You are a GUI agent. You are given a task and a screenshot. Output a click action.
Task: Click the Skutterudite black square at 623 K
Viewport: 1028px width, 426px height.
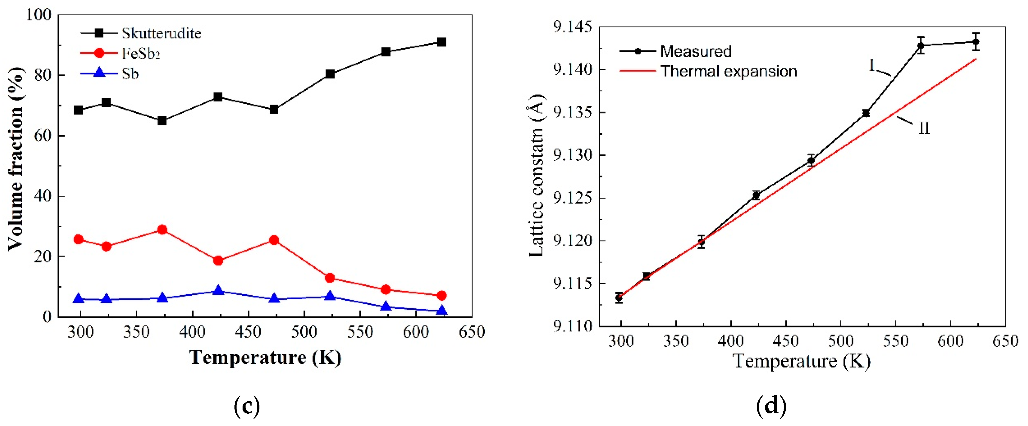click(441, 42)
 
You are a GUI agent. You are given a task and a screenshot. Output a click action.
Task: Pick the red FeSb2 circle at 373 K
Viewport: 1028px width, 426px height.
click(162, 230)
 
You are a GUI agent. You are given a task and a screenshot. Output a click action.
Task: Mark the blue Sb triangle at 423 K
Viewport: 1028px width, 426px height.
click(218, 290)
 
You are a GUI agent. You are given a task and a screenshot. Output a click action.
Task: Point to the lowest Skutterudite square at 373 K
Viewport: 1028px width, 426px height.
click(162, 121)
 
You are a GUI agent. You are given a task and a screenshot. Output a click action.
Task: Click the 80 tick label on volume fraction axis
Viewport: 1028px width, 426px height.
click(43, 75)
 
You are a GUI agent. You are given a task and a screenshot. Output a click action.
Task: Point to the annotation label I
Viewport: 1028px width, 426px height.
click(872, 65)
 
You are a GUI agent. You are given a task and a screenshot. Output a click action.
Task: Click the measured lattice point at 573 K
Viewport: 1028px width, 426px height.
click(921, 45)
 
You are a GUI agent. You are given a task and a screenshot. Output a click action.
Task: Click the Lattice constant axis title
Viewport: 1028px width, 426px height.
click(537, 176)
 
